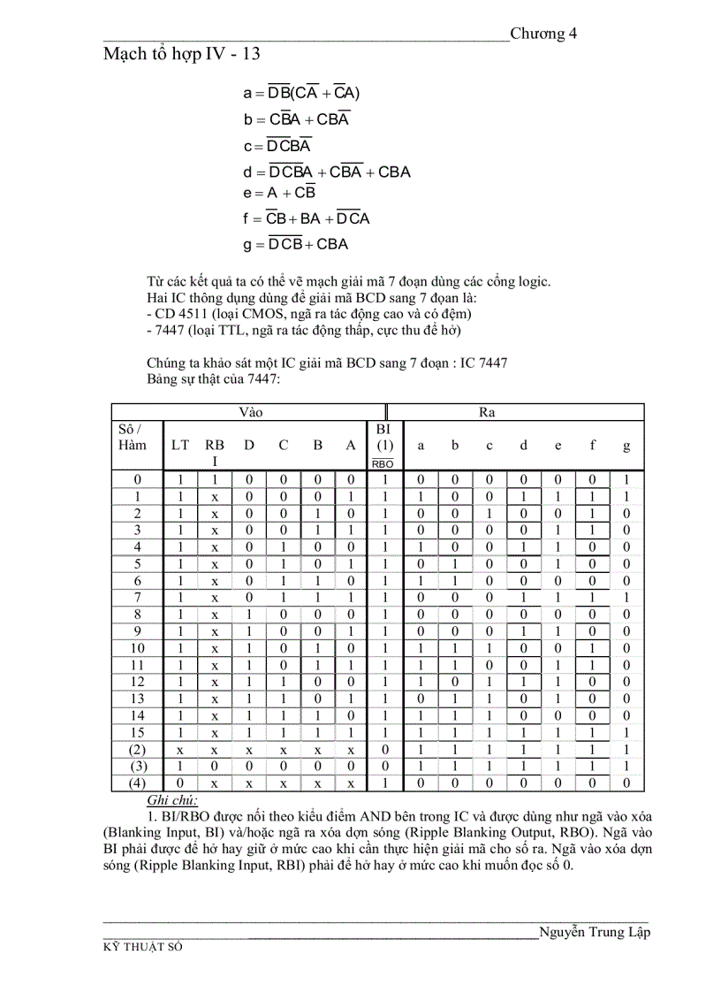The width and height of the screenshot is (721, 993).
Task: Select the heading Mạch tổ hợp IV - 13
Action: pos(181,54)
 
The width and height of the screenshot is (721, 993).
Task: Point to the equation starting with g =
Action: pos(296,244)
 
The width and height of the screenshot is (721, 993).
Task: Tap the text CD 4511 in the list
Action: pos(182,313)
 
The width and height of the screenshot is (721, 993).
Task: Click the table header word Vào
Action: pos(251,412)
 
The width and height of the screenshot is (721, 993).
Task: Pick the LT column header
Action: pos(179,446)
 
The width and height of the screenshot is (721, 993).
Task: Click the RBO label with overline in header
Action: pos(383,463)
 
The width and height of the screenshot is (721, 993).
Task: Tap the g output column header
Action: pos(626,446)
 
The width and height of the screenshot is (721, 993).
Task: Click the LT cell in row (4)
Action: pos(179,783)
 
